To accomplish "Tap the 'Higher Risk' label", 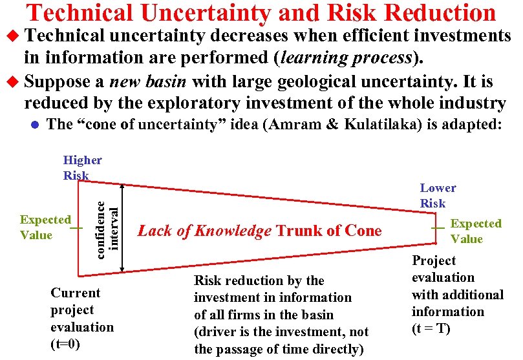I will pyautogui.click(x=82, y=167).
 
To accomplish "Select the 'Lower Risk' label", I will pyautogui.click(x=438, y=195).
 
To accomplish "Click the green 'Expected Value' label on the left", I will pyautogui.click(x=45, y=228).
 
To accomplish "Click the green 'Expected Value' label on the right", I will pyautogui.click(x=475, y=231).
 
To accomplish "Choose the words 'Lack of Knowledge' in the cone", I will pyautogui.click(x=204, y=231).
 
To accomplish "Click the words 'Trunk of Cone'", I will pyautogui.click(x=329, y=231).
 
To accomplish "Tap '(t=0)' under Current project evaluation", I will pyautogui.click(x=65, y=344).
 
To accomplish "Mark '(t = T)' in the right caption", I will pyautogui.click(x=431, y=328).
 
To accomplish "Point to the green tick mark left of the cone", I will pyautogui.click(x=76, y=228).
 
